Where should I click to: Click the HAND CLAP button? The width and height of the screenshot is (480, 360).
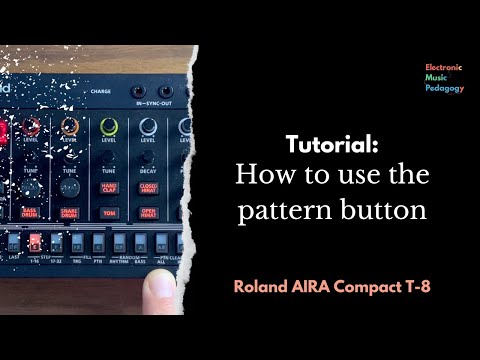click(x=109, y=186)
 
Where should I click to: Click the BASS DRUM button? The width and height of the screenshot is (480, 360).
click(x=31, y=212)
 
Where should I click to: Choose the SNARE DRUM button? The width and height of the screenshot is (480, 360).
click(x=69, y=212)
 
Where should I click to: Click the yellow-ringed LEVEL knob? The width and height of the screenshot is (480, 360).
click(x=109, y=127)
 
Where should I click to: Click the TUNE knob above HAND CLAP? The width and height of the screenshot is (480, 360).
click(x=109, y=155)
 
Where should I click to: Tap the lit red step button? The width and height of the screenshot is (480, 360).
click(x=34, y=242)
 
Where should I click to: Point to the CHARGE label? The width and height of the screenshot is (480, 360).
click(x=101, y=89)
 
